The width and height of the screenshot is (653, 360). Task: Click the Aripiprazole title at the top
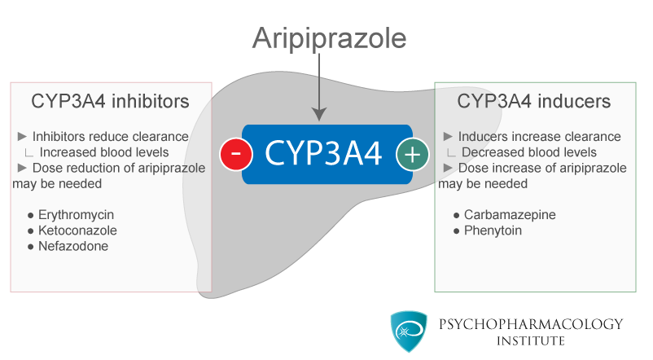328,37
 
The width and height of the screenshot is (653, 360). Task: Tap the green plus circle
412,154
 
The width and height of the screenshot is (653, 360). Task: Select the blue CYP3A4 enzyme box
324,154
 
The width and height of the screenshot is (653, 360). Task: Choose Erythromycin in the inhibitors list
76,215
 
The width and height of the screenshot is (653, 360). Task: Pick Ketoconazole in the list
77,230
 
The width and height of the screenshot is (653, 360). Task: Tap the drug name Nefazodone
73,246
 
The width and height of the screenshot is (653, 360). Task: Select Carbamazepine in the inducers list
510,215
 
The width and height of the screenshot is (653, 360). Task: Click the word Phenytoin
493,230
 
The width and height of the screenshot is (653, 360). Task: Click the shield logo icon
408,331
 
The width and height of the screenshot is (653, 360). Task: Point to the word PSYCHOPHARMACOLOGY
531,324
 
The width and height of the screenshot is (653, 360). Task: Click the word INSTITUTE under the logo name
531,340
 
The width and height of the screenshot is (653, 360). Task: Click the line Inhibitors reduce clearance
110,137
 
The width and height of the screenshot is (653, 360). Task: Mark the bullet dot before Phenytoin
457,231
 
